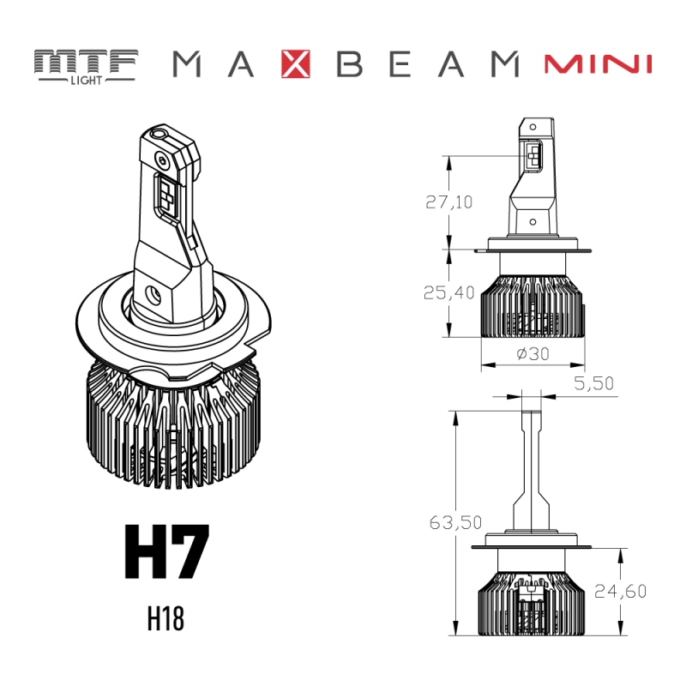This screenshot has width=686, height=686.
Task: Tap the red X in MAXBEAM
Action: (297, 64)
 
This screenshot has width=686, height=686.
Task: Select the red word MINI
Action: (598, 64)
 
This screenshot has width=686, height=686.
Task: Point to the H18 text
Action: (165, 620)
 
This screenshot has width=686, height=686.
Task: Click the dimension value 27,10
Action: (449, 202)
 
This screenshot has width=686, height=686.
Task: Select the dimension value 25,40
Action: (449, 292)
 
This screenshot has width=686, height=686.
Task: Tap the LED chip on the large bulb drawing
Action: (166, 194)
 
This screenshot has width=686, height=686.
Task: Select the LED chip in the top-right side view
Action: (533, 156)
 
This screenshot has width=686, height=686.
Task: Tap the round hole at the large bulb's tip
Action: (160, 135)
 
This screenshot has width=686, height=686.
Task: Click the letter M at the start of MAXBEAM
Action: (190, 64)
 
